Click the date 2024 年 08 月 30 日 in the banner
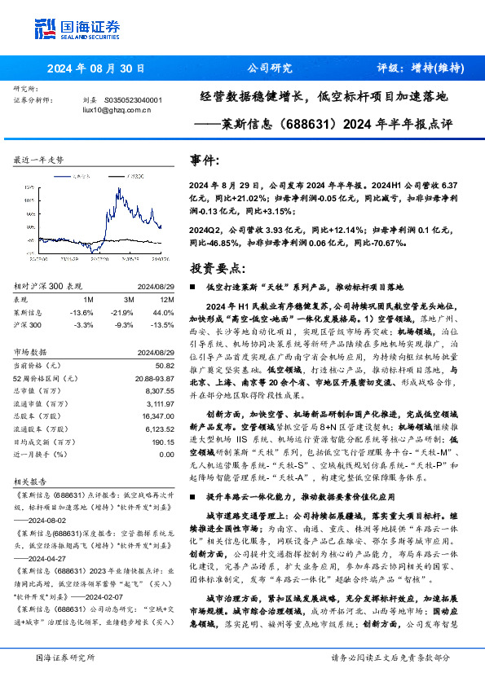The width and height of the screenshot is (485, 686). (97, 69)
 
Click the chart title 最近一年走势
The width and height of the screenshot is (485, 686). (38, 161)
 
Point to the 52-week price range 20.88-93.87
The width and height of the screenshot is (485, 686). (154, 379)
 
